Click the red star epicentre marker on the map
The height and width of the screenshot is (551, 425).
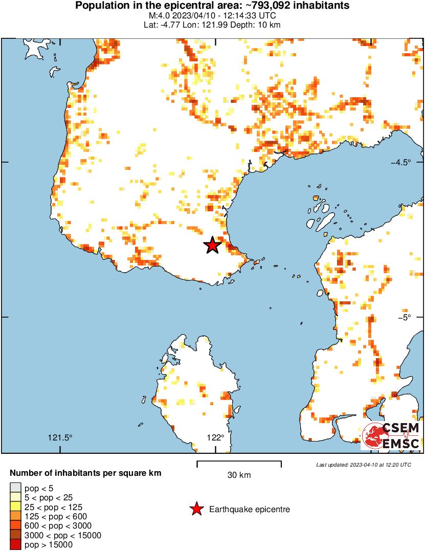(212, 246)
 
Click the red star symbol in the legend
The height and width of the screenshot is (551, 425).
(196, 509)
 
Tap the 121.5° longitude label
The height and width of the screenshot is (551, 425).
(60, 437)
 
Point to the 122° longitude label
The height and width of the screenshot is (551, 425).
(215, 437)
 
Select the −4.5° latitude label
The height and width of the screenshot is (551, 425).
(401, 163)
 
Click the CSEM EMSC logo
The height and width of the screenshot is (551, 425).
(391, 436)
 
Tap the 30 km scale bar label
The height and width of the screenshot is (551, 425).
(239, 475)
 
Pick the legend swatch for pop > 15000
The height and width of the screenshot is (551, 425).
(16, 545)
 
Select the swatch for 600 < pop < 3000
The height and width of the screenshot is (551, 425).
(16, 525)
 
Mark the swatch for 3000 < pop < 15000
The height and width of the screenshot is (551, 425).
(16, 535)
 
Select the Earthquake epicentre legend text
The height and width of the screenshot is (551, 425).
(250, 510)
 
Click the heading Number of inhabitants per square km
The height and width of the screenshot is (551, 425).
(85, 473)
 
